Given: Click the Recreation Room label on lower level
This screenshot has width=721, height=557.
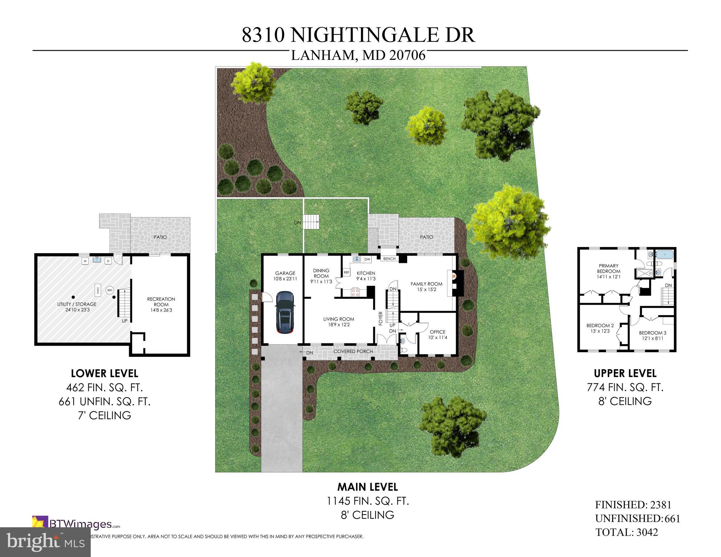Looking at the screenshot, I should [161, 302].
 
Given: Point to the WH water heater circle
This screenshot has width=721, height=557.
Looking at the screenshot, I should [110, 290].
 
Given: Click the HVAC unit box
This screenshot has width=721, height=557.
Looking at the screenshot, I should [98, 290].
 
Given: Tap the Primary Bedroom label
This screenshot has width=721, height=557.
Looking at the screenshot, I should [609, 268].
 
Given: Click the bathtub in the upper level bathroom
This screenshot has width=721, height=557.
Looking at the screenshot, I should [664, 255].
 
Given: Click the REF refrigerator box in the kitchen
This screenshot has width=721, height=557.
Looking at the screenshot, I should [346, 272].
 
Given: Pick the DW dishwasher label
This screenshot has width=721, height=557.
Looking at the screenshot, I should [367, 259].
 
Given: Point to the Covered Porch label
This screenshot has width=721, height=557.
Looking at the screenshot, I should [353, 351].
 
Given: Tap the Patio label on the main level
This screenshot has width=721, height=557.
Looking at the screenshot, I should [426, 237].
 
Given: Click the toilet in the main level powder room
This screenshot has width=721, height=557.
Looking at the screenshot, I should [403, 341].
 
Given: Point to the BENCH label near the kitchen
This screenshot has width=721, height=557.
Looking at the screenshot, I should [389, 259].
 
